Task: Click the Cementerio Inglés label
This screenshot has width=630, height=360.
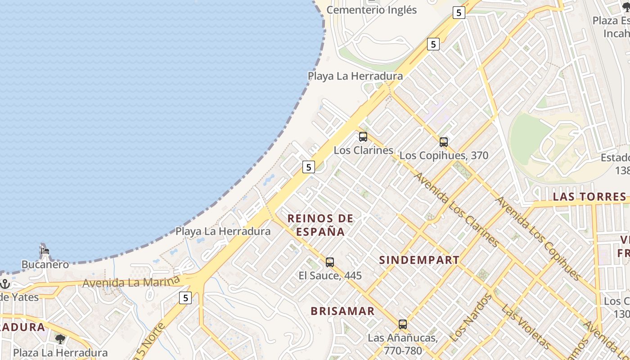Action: (372, 10)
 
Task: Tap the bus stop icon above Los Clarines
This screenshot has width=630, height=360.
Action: (363, 137)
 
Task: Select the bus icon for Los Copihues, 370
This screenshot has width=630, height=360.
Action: (444, 143)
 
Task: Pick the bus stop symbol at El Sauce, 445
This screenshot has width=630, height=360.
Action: (330, 262)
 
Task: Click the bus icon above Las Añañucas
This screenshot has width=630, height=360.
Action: (403, 324)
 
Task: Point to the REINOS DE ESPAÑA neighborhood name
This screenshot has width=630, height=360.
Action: (320, 225)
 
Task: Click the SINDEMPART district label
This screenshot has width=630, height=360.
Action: (419, 260)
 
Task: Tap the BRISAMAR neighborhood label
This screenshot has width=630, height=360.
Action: (342, 311)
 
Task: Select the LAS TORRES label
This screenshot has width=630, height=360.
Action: (589, 197)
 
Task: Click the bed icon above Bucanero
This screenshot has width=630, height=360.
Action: (45, 251)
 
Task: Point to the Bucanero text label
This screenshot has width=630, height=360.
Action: (45, 264)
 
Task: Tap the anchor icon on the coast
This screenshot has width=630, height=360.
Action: (5, 284)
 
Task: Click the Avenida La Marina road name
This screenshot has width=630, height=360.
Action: (131, 283)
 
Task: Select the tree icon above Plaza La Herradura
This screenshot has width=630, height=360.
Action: (60, 339)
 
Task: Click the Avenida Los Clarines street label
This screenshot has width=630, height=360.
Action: (457, 209)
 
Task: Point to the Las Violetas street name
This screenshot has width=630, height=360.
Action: (525, 327)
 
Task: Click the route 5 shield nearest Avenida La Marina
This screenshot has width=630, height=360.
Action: (185, 297)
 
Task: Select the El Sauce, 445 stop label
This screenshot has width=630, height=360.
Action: (330, 275)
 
